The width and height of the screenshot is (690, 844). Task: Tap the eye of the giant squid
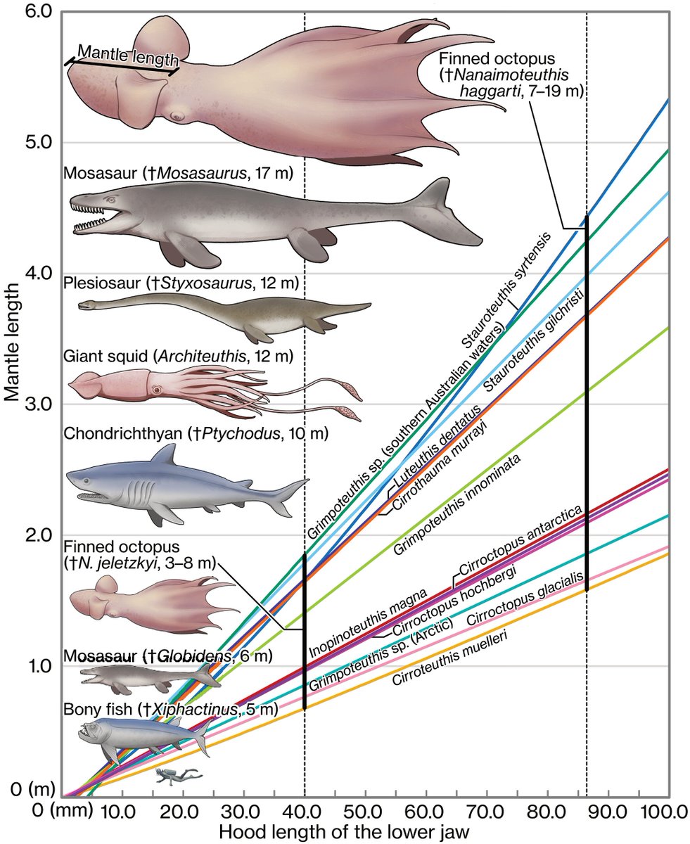click(156, 388)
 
